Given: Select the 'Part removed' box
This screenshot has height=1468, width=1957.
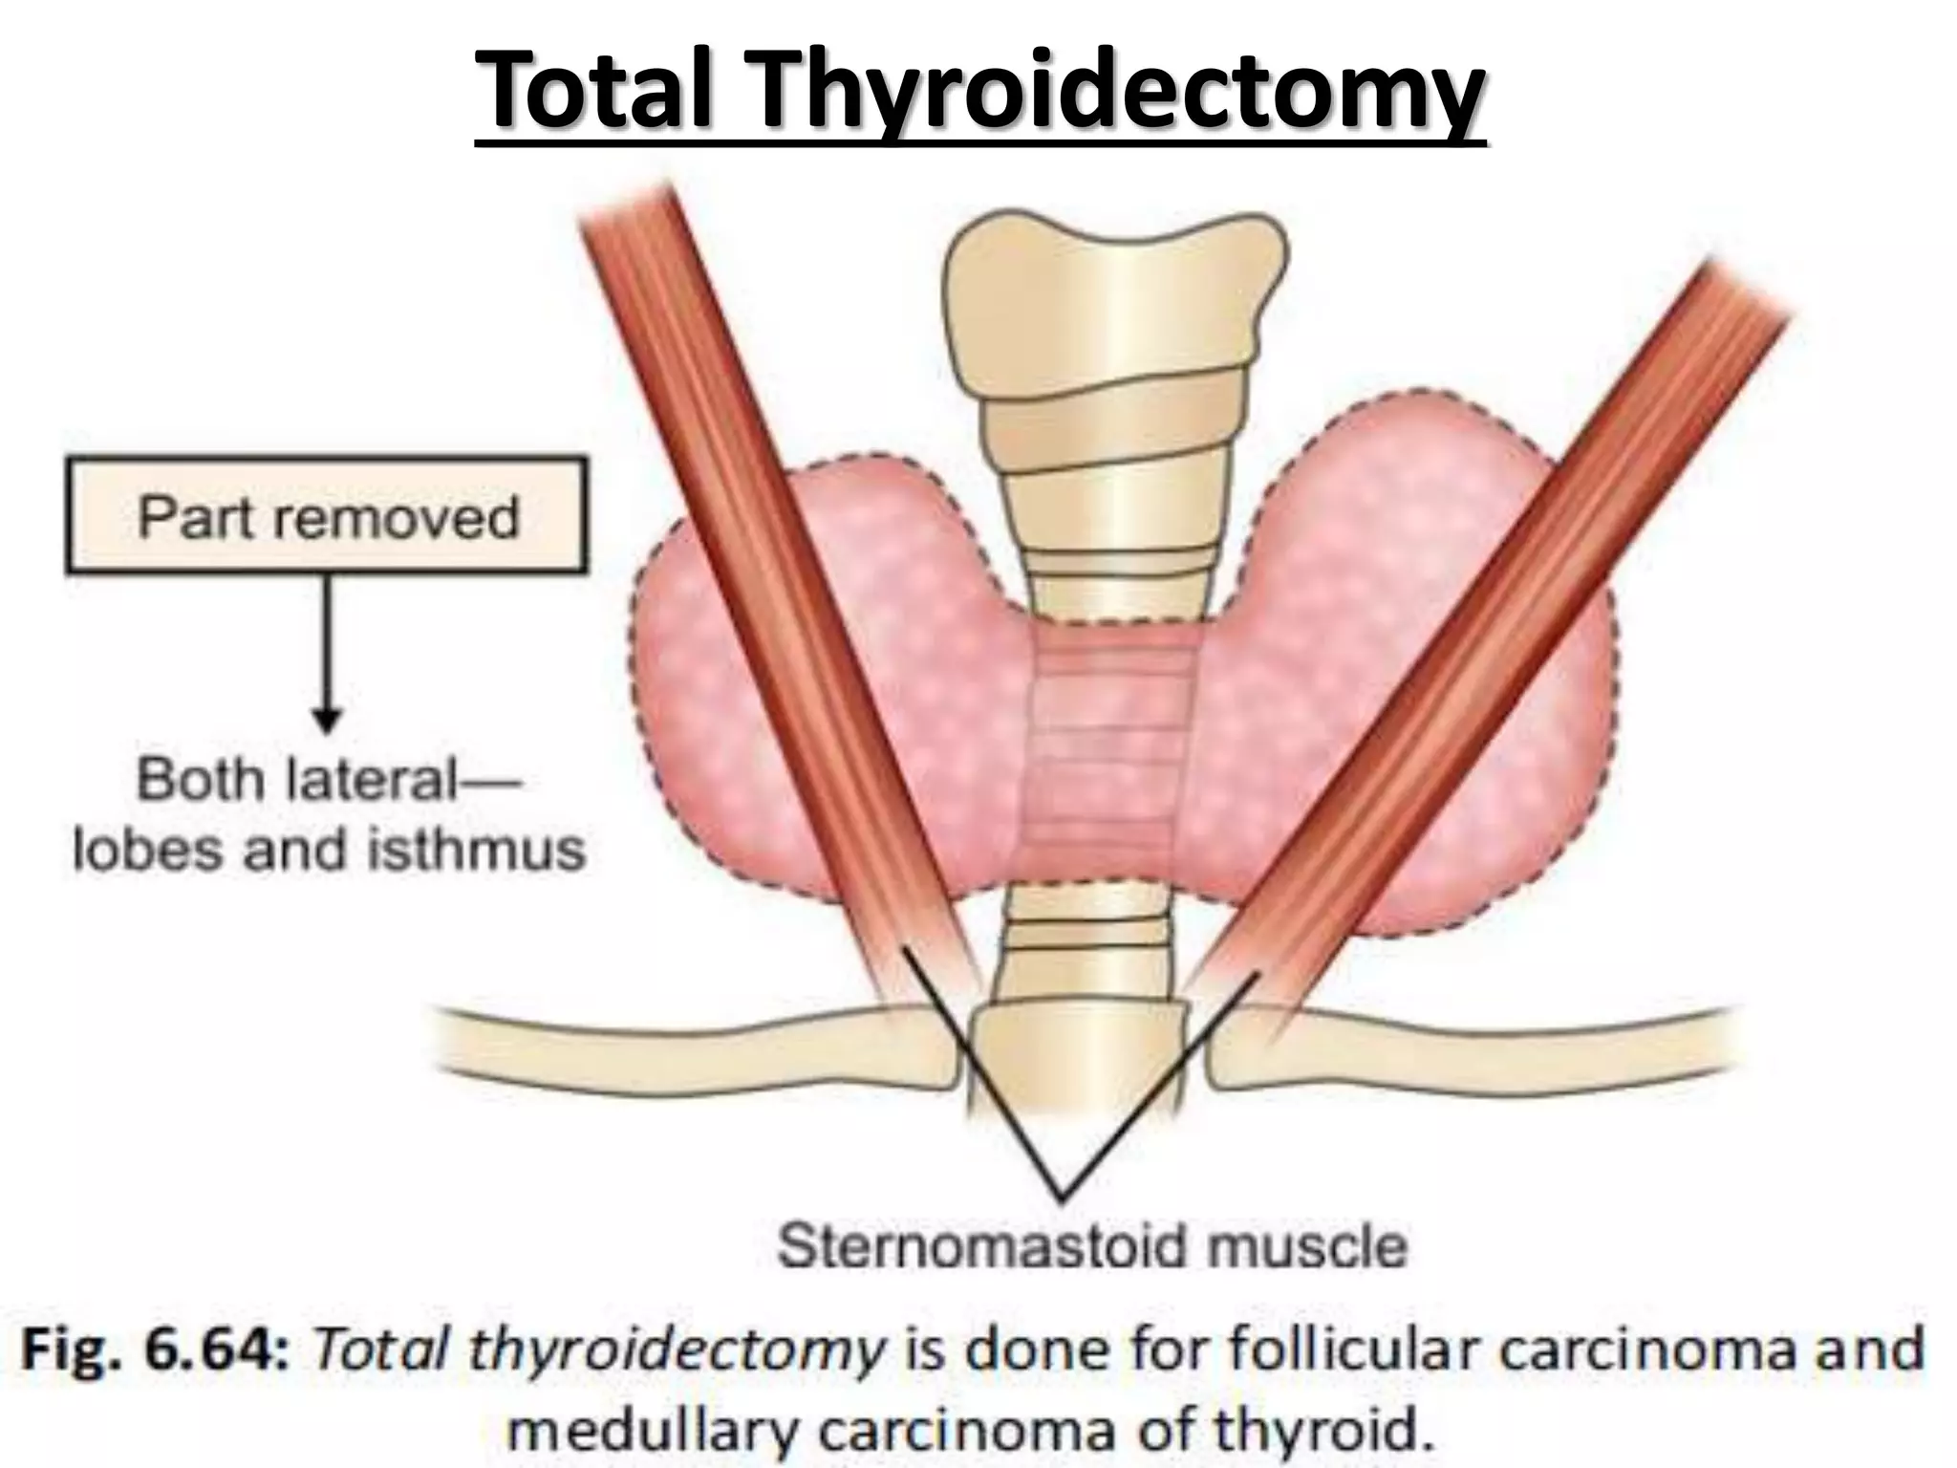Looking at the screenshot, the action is (327, 517).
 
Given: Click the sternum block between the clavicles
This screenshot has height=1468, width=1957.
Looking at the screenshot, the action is (1078, 1061).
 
